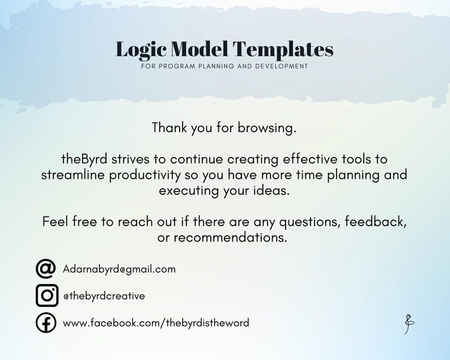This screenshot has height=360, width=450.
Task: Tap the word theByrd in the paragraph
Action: pyautogui.click(x=84, y=159)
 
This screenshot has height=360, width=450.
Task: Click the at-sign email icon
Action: pyautogui.click(x=46, y=269)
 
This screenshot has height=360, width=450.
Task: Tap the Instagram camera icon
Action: pyautogui.click(x=47, y=295)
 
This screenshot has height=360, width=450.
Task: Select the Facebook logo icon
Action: pyautogui.click(x=46, y=323)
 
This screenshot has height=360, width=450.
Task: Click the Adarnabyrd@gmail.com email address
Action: pyautogui.click(x=119, y=269)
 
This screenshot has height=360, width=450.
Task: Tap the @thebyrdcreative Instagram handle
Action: pyautogui.click(x=104, y=295)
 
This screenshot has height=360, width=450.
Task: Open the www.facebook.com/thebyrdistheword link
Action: pyautogui.click(x=156, y=323)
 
